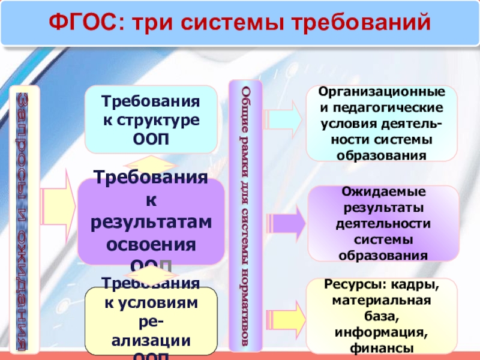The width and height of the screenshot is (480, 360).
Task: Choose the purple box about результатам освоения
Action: (151, 221)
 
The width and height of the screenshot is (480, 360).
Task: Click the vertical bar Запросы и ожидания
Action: (26, 219)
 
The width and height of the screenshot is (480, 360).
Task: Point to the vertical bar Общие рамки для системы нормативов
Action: (245, 215)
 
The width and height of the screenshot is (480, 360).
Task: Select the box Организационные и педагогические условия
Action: (382, 123)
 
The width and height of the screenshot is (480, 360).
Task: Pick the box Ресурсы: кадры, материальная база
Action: (382, 316)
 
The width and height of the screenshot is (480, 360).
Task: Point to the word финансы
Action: (382, 348)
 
